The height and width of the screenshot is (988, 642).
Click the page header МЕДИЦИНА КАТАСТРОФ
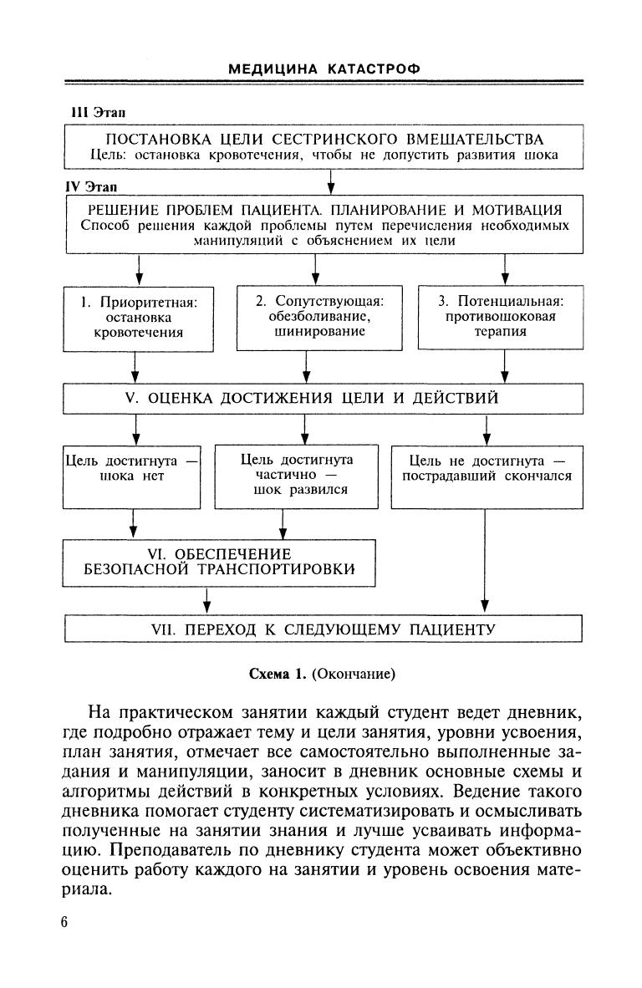pos(324,69)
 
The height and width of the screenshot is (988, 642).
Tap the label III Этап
pos(98,112)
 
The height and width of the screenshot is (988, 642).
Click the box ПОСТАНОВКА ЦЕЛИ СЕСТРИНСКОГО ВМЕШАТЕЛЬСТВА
pos(324,146)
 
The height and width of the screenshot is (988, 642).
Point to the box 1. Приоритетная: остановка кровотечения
pos(139,318)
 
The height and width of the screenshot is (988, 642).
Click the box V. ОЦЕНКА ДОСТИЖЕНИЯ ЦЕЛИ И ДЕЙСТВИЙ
pos(324,398)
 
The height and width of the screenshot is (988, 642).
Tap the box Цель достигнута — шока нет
pos(133,476)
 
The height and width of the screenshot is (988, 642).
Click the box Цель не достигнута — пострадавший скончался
pos(487,476)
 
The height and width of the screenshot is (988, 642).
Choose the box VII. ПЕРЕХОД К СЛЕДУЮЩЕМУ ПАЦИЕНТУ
pos(324,629)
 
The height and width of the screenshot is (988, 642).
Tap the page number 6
pos(66,922)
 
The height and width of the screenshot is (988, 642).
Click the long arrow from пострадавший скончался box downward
pos(486,560)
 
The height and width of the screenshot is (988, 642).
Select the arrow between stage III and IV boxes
pos(331,181)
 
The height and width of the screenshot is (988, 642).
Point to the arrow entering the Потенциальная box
pos(504,269)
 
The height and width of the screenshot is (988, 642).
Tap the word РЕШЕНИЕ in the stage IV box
pos(126,209)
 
